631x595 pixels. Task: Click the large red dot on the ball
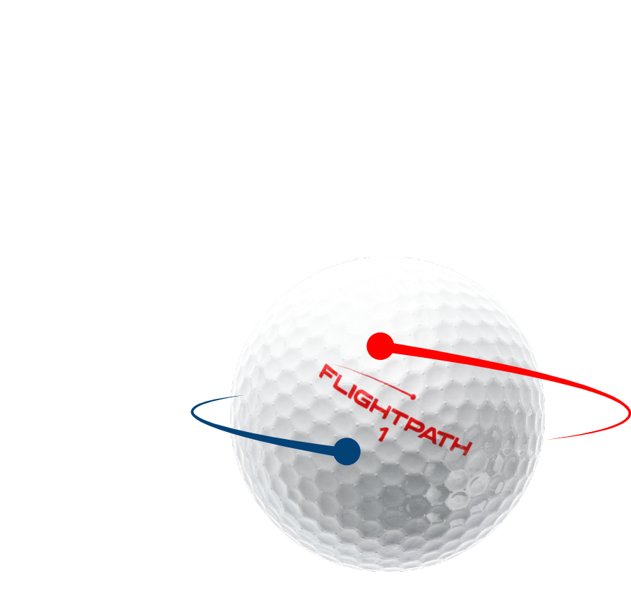click(380, 347)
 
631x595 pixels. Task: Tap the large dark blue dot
click(347, 451)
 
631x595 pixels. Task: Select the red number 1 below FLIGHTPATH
click(383, 434)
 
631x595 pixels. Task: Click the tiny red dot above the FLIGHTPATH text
click(413, 397)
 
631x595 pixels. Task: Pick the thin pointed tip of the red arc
click(551, 438)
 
